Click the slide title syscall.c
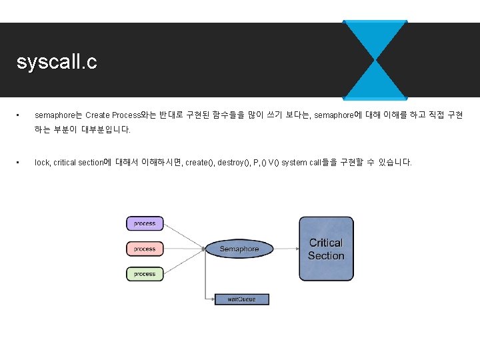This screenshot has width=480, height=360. click(57, 62)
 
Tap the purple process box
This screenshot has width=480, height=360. click(145, 224)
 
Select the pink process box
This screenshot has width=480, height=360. click(145, 249)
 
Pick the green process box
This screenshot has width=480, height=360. click(145, 273)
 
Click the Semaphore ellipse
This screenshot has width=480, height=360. click(239, 249)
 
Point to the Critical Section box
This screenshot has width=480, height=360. click(326, 249)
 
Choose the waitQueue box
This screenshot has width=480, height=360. click(241, 299)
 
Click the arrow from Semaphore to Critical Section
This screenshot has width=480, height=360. click(285, 249)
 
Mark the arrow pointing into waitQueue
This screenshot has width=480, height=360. click(210, 297)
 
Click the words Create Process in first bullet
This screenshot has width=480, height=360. click(112, 115)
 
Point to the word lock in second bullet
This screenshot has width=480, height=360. click(42, 163)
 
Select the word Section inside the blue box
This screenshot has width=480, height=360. click(326, 256)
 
